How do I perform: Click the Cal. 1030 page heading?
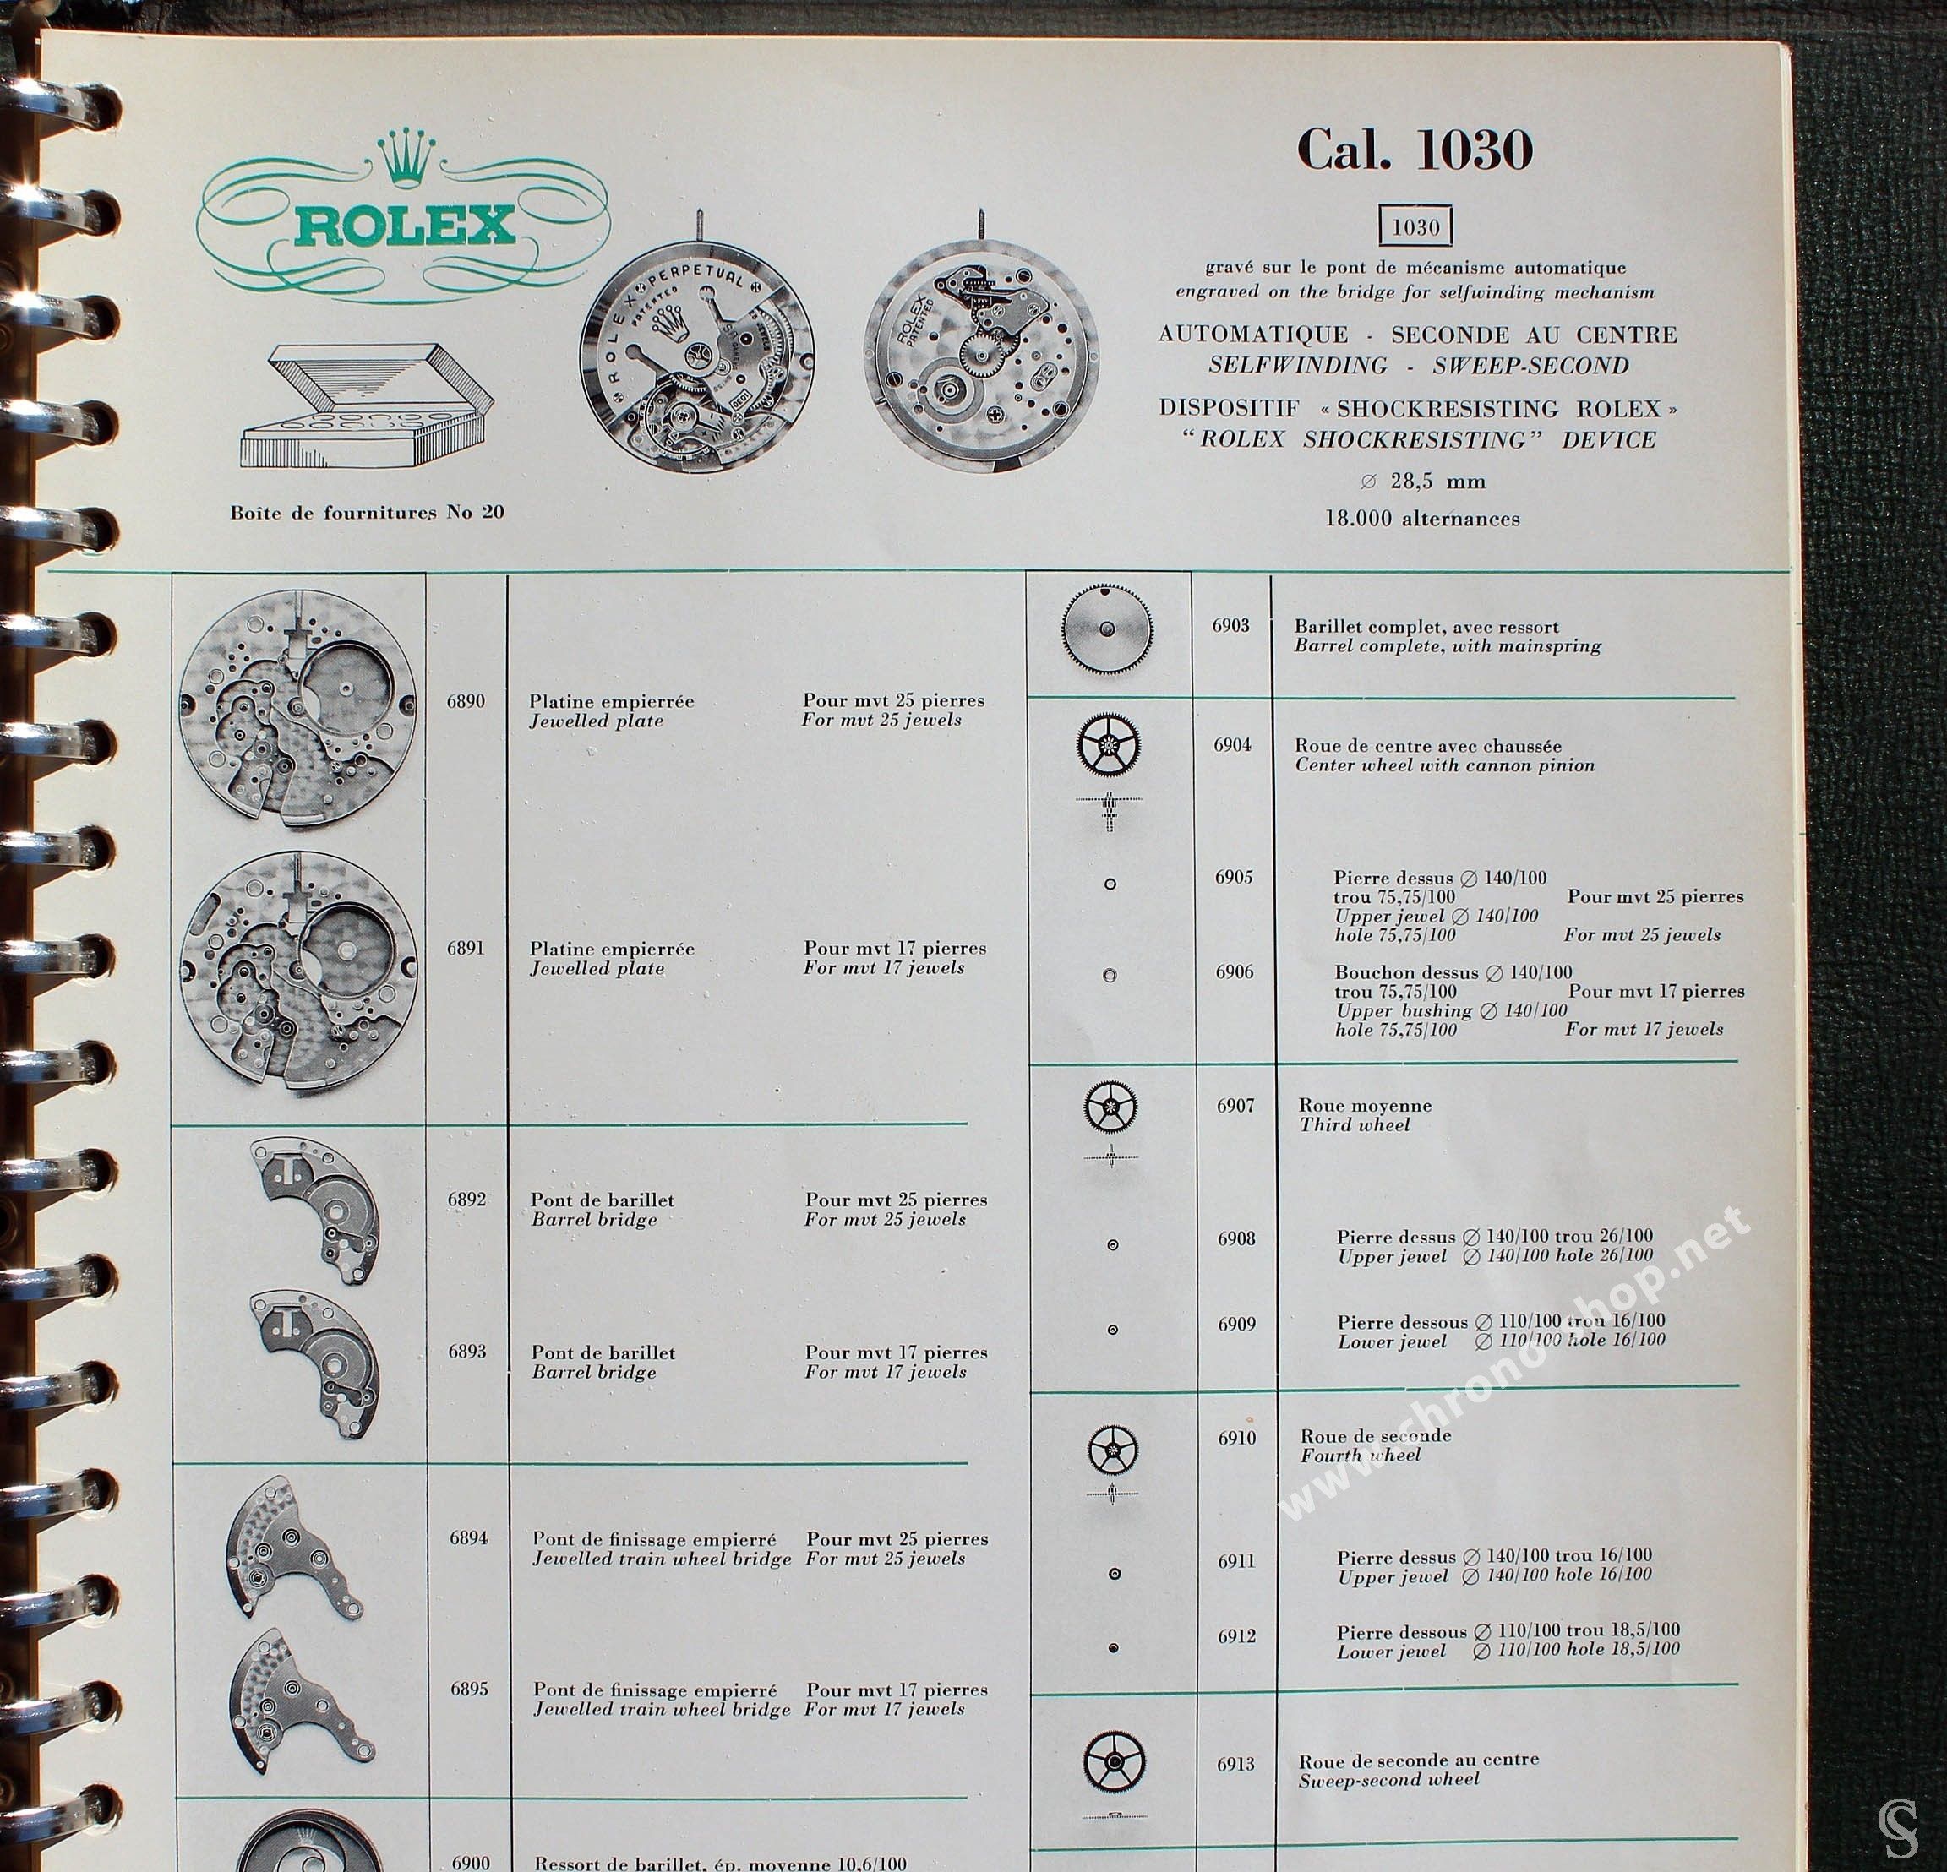click(1415, 151)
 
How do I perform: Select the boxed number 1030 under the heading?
click(1415, 227)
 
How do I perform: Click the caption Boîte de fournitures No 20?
click(367, 513)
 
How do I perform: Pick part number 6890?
click(466, 701)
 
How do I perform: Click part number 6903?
click(1230, 626)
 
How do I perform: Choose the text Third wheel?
click(1354, 1125)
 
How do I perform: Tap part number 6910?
click(1237, 1438)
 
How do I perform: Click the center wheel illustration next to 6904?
click(1109, 746)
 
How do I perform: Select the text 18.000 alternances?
click(1421, 519)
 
